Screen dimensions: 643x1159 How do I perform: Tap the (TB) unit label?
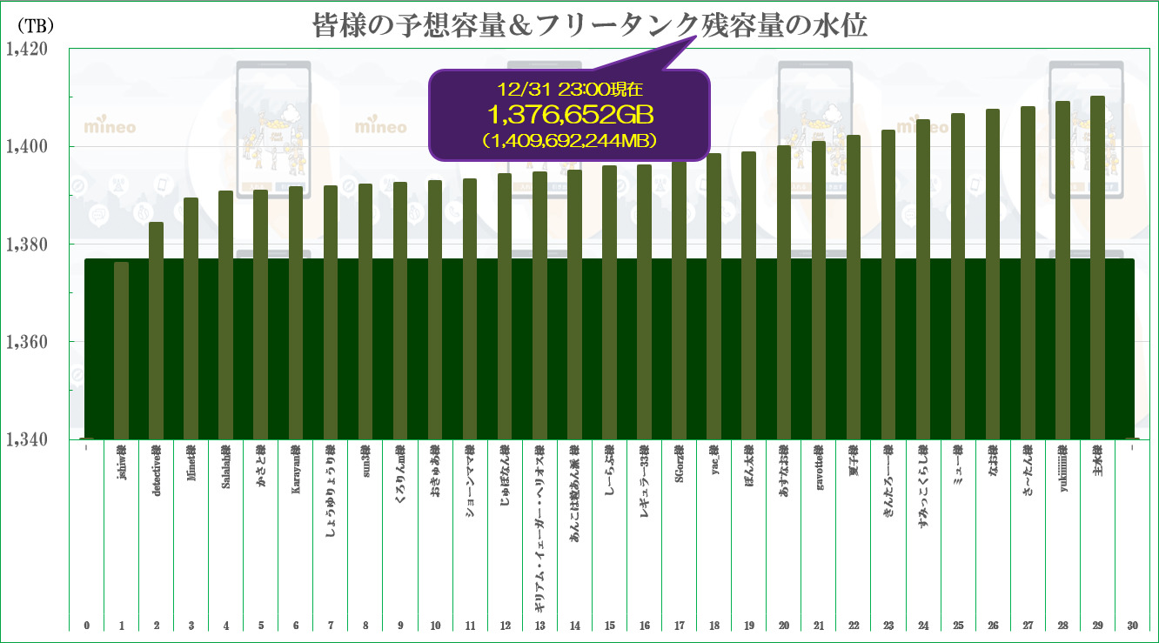point(33,27)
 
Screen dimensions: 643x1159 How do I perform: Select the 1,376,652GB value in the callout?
point(570,114)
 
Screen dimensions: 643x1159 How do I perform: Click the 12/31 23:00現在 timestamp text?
point(570,89)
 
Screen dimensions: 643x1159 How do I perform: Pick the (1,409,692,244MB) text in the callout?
point(570,138)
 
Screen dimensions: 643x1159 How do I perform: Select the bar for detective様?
point(156,331)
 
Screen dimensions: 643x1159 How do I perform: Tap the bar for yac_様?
point(714,296)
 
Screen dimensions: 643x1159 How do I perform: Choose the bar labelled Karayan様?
point(296,312)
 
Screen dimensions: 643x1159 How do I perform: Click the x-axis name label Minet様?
point(191,462)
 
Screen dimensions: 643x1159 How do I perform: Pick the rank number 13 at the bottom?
point(539,625)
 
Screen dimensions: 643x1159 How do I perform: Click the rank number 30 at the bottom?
point(1131,625)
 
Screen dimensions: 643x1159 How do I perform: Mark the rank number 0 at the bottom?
point(87,625)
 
